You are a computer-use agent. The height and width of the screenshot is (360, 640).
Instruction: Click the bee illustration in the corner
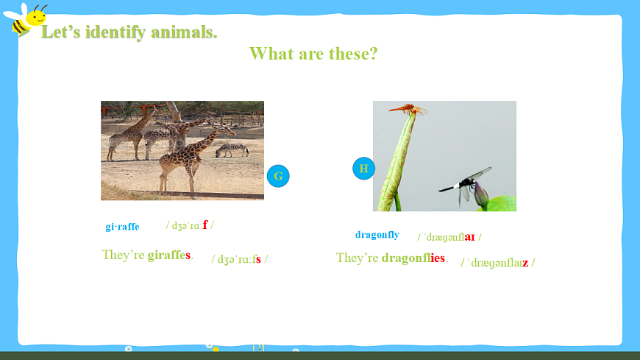[x=25, y=20]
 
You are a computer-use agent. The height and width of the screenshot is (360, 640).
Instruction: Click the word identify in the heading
[x=115, y=32]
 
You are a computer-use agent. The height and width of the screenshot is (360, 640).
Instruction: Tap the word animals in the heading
[x=184, y=32]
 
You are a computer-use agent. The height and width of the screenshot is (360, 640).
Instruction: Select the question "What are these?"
[x=313, y=54]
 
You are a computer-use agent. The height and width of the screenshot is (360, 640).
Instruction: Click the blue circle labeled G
[x=278, y=176]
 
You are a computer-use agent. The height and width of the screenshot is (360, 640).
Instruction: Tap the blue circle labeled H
[x=363, y=169]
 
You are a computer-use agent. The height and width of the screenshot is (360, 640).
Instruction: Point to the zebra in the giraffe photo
[x=232, y=150]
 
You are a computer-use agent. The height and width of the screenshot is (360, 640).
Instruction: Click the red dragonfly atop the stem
[x=408, y=109]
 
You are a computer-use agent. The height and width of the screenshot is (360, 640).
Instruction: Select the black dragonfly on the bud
[x=466, y=184]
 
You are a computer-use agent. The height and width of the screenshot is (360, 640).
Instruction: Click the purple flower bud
[x=481, y=194]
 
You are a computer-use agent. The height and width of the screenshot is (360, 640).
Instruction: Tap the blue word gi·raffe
[x=122, y=226]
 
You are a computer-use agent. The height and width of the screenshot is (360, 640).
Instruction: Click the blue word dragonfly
[x=377, y=235]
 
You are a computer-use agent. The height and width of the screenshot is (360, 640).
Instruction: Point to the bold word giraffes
[x=169, y=255]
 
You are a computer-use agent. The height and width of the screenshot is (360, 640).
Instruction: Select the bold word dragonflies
[x=413, y=258]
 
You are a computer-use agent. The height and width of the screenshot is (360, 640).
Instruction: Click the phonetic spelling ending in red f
[x=190, y=225]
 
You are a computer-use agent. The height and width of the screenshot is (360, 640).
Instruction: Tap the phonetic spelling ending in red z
[x=498, y=262]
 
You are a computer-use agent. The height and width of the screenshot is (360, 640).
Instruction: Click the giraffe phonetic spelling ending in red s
[x=240, y=259]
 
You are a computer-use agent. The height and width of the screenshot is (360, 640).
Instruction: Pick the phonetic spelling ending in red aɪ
[x=449, y=237]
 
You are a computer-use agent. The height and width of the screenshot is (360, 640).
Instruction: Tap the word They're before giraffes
[x=124, y=255]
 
